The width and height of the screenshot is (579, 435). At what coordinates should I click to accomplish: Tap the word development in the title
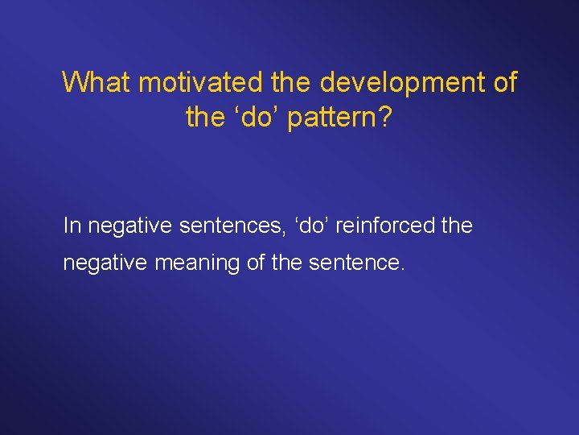[x=403, y=82]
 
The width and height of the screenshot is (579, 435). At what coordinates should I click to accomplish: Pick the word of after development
[x=503, y=82]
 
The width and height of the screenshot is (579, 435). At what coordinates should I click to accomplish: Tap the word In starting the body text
[x=72, y=226]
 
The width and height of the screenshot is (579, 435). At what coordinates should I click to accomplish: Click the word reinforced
[x=374, y=226]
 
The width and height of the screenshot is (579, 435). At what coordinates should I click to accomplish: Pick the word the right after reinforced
[x=458, y=226]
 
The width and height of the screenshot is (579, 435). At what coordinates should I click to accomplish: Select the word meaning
[x=188, y=263]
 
